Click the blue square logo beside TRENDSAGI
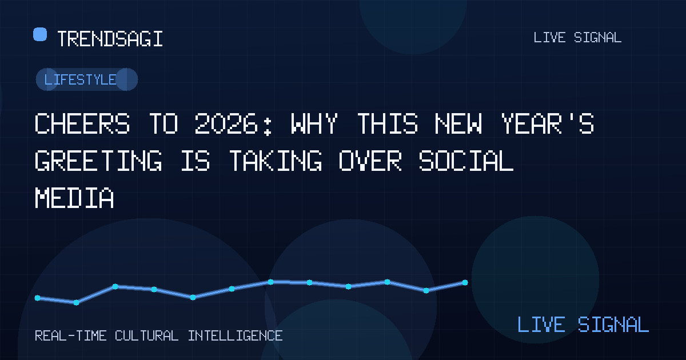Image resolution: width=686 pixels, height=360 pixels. pyautogui.click(x=40, y=34)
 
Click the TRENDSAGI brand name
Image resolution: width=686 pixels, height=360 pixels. pyautogui.click(x=110, y=39)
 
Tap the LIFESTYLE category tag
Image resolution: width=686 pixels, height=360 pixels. pyautogui.click(x=87, y=79)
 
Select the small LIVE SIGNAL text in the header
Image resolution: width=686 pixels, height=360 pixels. pyautogui.click(x=577, y=38)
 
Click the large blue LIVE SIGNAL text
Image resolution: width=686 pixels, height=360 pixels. pyautogui.click(x=583, y=325)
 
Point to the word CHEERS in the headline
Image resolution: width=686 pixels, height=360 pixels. pyautogui.click(x=82, y=123)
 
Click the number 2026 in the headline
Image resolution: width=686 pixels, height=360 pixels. pyautogui.click(x=226, y=123)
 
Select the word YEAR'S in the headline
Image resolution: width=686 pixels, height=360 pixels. pyautogui.click(x=548, y=123)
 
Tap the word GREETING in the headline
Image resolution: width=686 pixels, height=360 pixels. pyautogui.click(x=98, y=161)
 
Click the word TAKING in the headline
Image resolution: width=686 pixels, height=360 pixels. pyautogui.click(x=276, y=161)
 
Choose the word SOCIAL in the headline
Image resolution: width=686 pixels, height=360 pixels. pyautogui.click(x=466, y=161)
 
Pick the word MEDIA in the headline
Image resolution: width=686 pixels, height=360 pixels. pyautogui.click(x=74, y=198)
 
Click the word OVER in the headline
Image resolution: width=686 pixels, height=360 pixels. pyautogui.click(x=370, y=161)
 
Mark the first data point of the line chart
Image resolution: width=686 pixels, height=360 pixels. pyautogui.click(x=37, y=298)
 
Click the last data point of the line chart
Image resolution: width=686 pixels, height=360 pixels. pyautogui.click(x=465, y=282)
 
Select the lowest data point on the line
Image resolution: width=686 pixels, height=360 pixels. pyautogui.click(x=76, y=303)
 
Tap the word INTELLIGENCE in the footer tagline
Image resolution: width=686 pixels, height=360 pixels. pyautogui.click(x=235, y=336)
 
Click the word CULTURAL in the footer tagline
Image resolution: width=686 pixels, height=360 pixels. pyautogui.click(x=146, y=336)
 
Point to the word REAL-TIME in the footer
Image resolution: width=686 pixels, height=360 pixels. pyautogui.click(x=71, y=336)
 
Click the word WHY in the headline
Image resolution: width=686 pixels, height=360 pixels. pyautogui.click(x=314, y=123)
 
